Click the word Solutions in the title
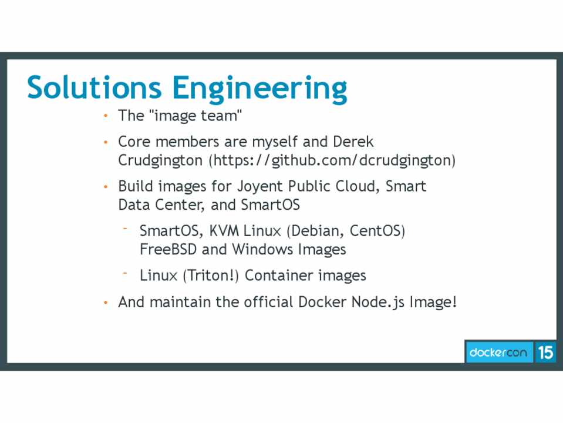tap(94, 87)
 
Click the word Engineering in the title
tap(259, 89)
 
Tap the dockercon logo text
tap(498, 352)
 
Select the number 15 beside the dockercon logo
tap(545, 352)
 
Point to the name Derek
tap(353, 142)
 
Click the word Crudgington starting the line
tap(160, 160)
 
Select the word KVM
tap(224, 231)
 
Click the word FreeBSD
tap(168, 250)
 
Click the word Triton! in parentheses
tap(211, 276)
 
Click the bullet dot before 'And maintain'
tap(106, 303)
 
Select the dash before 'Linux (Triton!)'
tap(125, 273)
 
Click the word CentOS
tap(377, 231)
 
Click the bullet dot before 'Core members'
tap(106, 142)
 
